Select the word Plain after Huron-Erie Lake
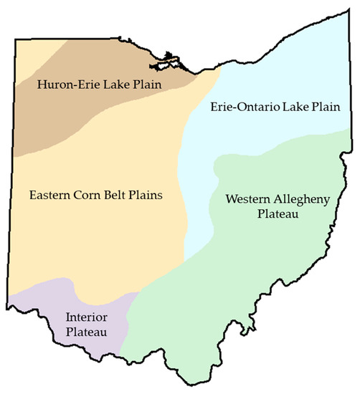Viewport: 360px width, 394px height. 146,85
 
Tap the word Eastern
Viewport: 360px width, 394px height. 51,194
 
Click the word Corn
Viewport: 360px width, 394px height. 93,194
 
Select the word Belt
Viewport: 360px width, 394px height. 122,194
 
